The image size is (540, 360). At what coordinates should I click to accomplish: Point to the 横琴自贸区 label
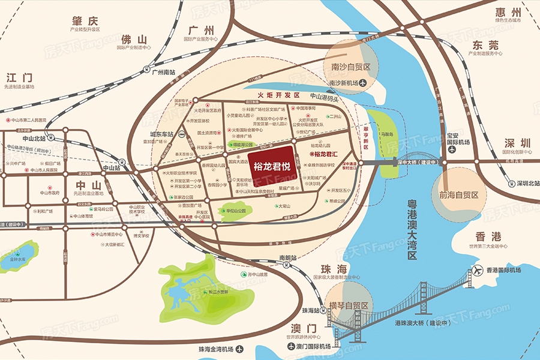349,305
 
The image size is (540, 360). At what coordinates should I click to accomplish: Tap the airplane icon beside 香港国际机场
478,270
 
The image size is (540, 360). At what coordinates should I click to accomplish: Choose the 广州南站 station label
164,71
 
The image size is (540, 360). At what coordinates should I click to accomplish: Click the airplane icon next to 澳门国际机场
282,347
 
